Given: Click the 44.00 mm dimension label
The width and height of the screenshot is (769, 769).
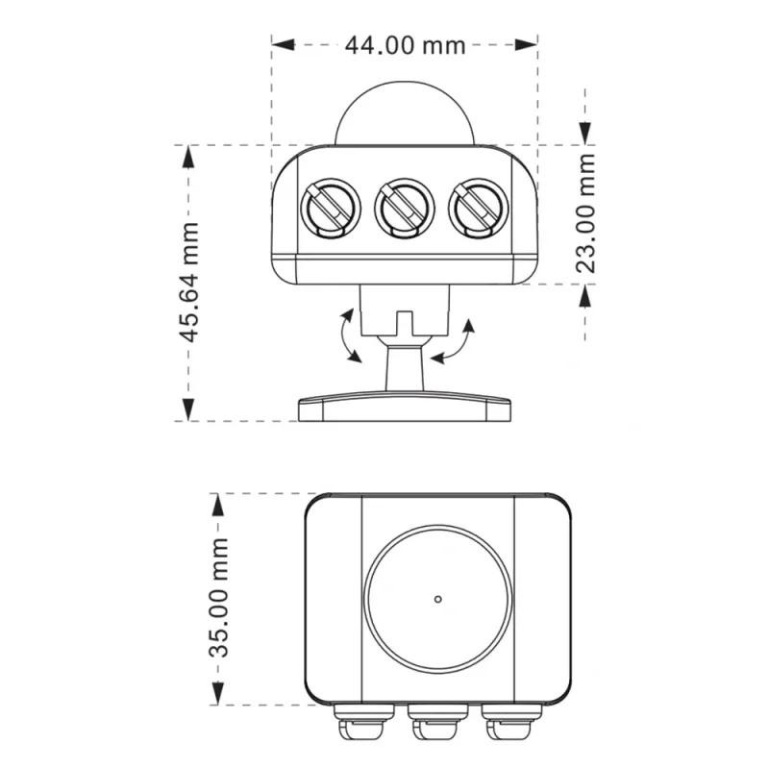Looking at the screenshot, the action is pyautogui.click(x=405, y=45).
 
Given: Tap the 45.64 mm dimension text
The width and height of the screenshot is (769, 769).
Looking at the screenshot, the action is pyautogui.click(x=188, y=282).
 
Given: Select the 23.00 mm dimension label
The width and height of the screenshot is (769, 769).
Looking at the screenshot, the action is pyautogui.click(x=585, y=213).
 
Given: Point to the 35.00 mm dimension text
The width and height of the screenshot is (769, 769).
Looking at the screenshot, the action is pyautogui.click(x=218, y=597).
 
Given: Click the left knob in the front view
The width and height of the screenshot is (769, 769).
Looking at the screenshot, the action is pyautogui.click(x=331, y=209).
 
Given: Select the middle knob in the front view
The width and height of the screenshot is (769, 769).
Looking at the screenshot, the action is pyautogui.click(x=405, y=209).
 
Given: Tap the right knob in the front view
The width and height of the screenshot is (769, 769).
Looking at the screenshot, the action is pyautogui.click(x=479, y=209).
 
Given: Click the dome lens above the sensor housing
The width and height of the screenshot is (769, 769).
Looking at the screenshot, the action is pyautogui.click(x=405, y=113).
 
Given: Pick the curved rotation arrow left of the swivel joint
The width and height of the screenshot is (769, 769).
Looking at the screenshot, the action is pyautogui.click(x=347, y=335).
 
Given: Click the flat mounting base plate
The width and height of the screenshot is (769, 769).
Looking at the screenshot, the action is pyautogui.click(x=405, y=407).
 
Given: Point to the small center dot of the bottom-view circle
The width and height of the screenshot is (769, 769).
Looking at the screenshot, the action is pyautogui.click(x=438, y=599).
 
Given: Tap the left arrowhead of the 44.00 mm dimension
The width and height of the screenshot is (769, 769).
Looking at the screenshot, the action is pyautogui.click(x=283, y=44).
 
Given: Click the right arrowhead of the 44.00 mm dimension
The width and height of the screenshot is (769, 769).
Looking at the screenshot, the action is pyautogui.click(x=526, y=44).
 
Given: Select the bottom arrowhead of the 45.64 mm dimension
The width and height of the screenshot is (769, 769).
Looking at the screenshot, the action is pyautogui.click(x=188, y=409).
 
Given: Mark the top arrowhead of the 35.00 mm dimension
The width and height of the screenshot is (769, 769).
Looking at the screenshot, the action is pyautogui.click(x=217, y=506).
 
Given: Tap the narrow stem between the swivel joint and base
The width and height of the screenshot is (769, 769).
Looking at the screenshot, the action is pyautogui.click(x=405, y=368).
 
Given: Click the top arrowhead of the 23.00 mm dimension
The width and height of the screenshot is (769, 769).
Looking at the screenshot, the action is pyautogui.click(x=585, y=134).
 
